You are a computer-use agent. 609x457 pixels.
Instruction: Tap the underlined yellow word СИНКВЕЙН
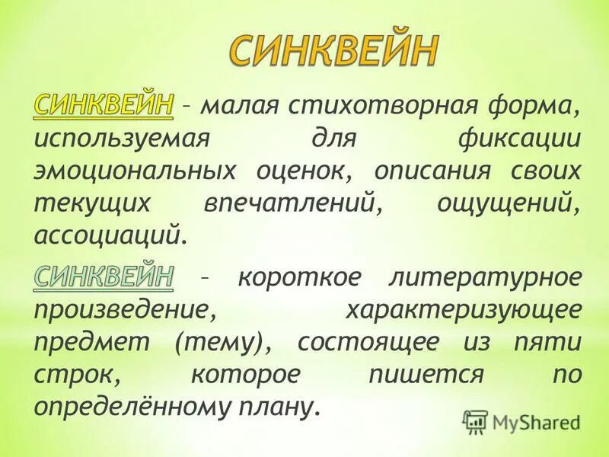click(x=104, y=106)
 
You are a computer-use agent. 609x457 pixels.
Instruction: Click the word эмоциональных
click(x=134, y=172)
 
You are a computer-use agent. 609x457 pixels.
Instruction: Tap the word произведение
click(x=121, y=309)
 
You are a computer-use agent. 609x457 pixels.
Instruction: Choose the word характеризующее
click(x=465, y=309)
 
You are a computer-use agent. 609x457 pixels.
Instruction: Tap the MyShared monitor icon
click(x=475, y=420)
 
